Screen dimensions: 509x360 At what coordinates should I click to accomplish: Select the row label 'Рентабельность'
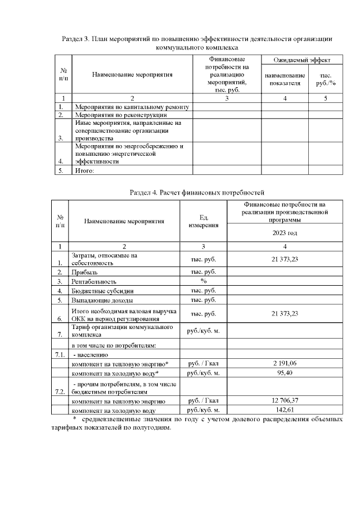point(94,281)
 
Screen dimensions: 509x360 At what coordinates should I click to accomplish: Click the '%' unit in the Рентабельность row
point(203,281)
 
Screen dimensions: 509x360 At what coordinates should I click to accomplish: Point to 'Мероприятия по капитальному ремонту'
point(132,106)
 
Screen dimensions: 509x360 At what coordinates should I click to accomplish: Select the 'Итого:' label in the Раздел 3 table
point(84,170)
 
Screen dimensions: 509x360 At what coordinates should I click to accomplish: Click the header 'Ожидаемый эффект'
point(301,60)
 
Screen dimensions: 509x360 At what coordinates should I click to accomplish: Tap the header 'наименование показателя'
point(285,79)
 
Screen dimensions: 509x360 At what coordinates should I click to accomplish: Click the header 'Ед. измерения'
point(203,221)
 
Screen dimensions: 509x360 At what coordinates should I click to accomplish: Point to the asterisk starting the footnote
point(74,420)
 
